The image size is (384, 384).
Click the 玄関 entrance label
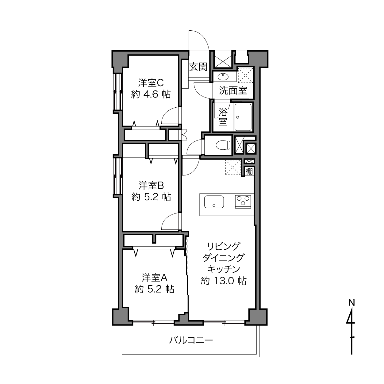198,67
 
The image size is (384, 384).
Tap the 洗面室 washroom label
233,90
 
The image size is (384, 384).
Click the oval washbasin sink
223,76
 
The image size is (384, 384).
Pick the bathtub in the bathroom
243,117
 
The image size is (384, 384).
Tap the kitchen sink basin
214,202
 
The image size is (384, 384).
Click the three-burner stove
243,202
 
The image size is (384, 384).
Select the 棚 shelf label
249,171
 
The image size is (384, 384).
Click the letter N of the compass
352,303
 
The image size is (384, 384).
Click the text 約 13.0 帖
224,281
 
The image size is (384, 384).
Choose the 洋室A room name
155,278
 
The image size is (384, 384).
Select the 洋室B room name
151,186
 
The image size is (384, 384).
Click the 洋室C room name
151,83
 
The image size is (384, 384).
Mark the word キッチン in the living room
224,269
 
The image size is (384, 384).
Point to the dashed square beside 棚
233,167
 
